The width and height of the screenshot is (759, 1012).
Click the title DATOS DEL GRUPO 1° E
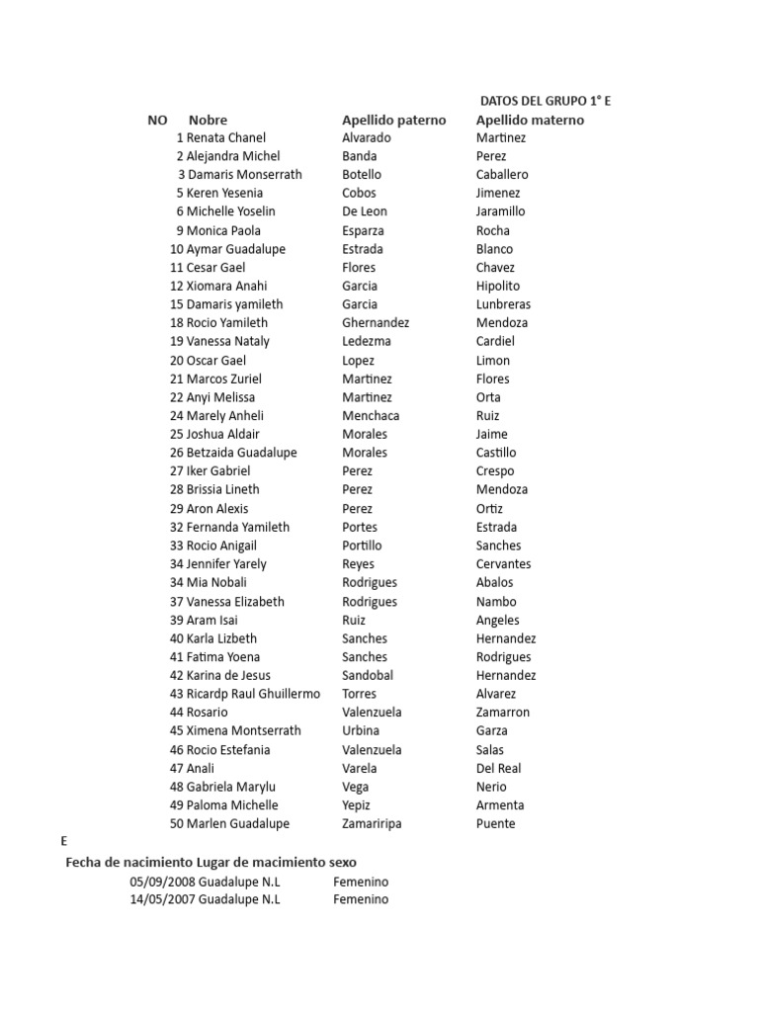coord(551,101)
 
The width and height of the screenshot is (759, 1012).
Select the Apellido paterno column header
coord(393,120)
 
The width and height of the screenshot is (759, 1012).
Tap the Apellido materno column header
coord(530,120)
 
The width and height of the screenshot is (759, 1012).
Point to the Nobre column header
coord(208,120)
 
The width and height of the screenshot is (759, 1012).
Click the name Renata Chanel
coord(225,137)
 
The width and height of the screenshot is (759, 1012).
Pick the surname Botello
coord(362,175)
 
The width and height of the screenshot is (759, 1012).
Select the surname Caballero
coord(502,175)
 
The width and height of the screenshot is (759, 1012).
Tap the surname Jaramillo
coord(500,211)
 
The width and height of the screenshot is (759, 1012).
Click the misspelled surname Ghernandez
coord(376,322)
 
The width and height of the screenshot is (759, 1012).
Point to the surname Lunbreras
coord(503,304)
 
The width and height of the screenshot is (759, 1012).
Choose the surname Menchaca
coord(372,415)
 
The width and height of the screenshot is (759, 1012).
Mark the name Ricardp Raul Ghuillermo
coord(253,694)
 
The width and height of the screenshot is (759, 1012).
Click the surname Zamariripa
coord(372,823)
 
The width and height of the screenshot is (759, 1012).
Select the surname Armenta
coord(500,805)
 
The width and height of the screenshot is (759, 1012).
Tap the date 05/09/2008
coord(162,882)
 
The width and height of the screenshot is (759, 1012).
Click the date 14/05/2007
coord(162,899)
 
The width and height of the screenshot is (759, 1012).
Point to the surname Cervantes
coord(503,564)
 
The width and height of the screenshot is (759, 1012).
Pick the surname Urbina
coord(361,730)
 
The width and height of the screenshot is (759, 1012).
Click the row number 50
coord(177,823)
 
